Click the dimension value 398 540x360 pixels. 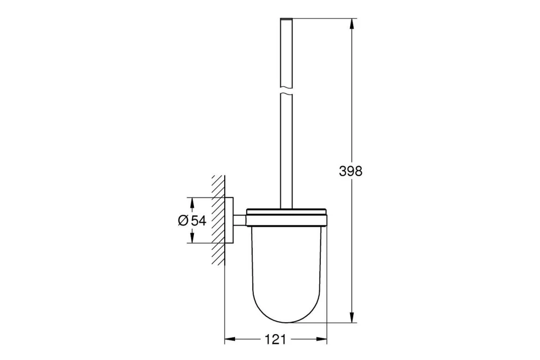click(x=350, y=172)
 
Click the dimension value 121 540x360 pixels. click(x=275, y=339)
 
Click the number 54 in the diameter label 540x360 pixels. click(x=199, y=220)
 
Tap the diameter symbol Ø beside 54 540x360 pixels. click(x=183, y=220)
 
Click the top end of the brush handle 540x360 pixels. click(x=287, y=21)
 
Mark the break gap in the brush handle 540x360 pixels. click(x=287, y=91)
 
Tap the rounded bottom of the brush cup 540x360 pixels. click(x=287, y=318)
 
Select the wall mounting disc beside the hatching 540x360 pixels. click(x=230, y=220)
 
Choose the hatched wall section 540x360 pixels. click(x=218, y=220)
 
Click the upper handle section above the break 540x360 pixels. click(x=287, y=54)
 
